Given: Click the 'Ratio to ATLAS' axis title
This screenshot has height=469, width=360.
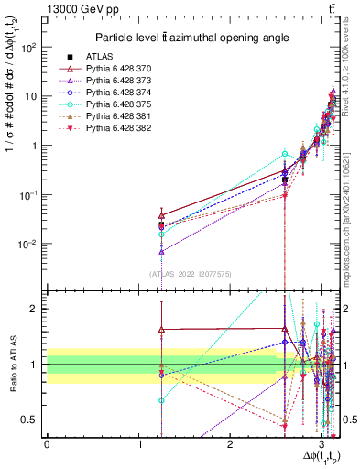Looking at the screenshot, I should [x=12, y=366].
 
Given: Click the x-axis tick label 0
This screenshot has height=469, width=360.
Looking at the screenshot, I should [x=47, y=445].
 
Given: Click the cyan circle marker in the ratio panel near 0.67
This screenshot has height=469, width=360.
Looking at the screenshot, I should [x=161, y=400].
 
